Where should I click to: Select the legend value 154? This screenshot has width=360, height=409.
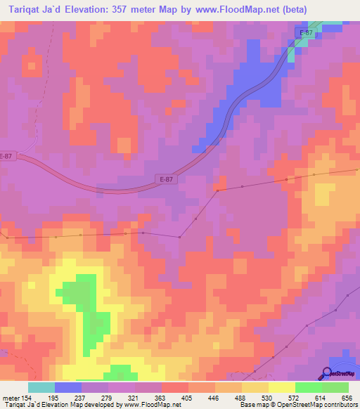click(27, 397)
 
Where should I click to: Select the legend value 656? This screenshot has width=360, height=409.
click(348, 397)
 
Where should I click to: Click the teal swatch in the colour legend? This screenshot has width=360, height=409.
click(41, 387)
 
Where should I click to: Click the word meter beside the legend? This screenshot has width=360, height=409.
click(10, 397)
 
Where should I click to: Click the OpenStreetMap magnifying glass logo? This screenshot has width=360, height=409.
click(328, 373)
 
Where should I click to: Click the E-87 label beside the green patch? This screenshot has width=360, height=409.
click(305, 33)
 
